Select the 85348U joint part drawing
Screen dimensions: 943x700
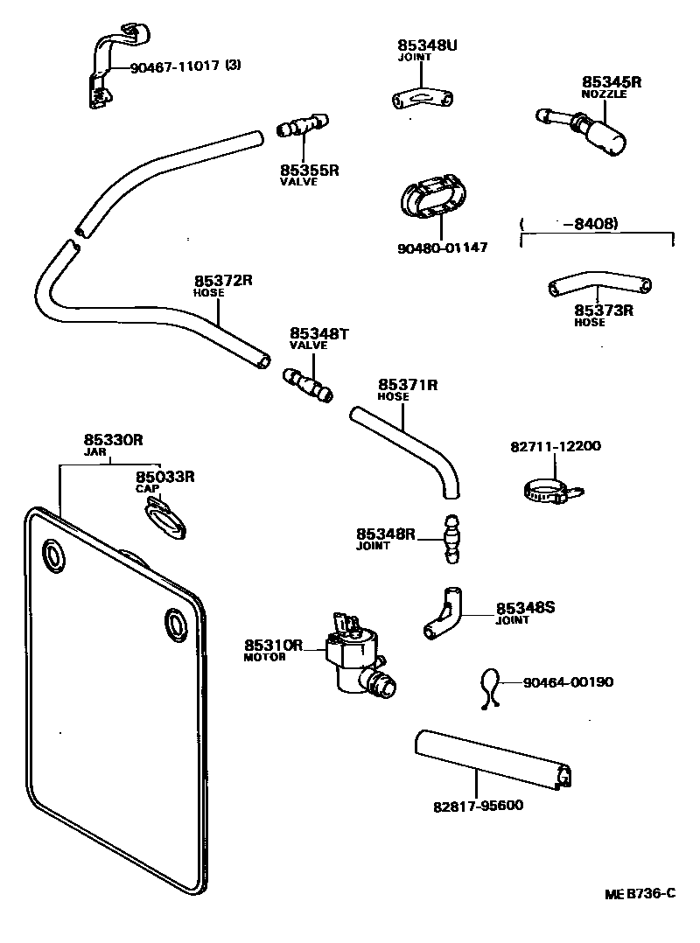pos(422,98)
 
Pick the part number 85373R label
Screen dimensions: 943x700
pos(604,310)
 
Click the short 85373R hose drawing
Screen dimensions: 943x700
pos(599,287)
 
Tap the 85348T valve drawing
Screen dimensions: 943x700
pos(308,385)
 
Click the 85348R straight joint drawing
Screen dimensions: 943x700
pos(451,539)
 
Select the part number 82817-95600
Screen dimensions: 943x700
pos(479,805)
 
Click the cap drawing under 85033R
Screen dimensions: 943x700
pos(164,518)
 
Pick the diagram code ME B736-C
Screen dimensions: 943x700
pos(640,893)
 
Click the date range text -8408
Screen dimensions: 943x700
pos(595,224)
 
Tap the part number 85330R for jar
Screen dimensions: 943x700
pos(113,440)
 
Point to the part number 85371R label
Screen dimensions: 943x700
pos(408,384)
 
